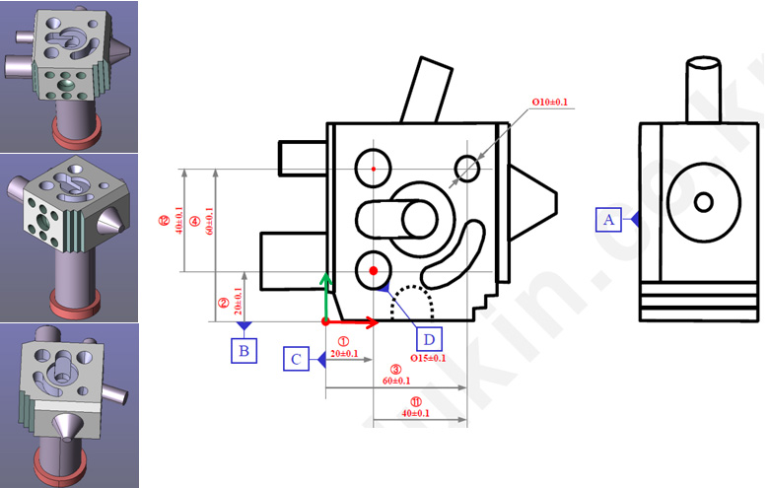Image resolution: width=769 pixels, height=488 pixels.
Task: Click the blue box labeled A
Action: (608, 220)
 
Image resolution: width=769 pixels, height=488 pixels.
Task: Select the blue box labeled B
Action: (244, 350)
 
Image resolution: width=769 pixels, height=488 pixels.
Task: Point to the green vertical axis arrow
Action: (326, 296)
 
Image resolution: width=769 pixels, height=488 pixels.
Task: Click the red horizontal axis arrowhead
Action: (372, 321)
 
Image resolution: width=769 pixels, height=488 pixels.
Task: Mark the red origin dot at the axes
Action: (326, 321)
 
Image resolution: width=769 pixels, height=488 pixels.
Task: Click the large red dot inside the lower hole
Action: (374, 270)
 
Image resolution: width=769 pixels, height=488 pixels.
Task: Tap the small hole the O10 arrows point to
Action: (467, 169)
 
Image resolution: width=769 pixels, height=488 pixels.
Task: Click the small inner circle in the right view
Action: (703, 202)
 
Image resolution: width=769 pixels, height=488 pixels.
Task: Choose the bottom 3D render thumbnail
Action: (69, 405)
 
